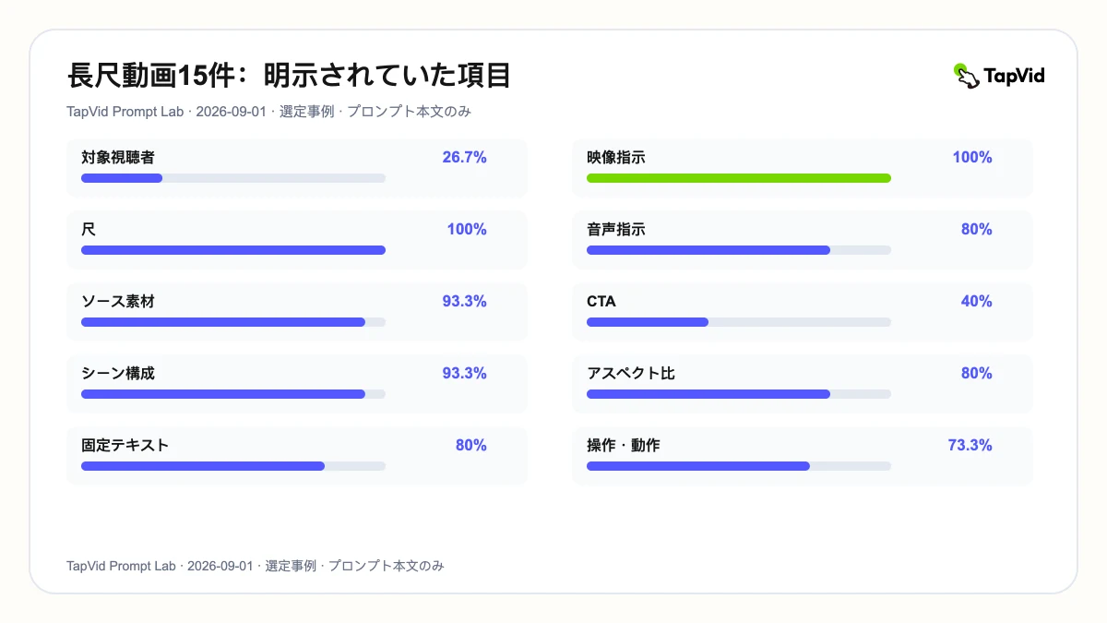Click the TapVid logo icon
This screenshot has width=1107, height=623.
(x=966, y=76)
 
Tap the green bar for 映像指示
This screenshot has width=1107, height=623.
(x=739, y=178)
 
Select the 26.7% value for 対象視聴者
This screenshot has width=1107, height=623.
(x=464, y=157)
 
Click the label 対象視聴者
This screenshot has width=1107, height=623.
(x=118, y=157)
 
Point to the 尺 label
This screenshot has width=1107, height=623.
(x=89, y=230)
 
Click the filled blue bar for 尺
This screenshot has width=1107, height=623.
(x=233, y=250)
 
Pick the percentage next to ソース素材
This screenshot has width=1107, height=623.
(x=464, y=301)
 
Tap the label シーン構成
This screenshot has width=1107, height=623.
(x=118, y=373)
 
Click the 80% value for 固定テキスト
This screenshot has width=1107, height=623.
(x=471, y=445)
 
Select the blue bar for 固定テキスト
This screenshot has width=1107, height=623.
(x=203, y=466)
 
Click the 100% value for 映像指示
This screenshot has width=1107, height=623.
(x=972, y=157)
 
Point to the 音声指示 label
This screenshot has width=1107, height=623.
(x=616, y=230)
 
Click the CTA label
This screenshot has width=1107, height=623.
(x=601, y=301)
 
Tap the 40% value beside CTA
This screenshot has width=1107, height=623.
(x=977, y=301)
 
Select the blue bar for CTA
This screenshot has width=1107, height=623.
(x=648, y=322)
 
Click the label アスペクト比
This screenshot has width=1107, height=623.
(x=631, y=373)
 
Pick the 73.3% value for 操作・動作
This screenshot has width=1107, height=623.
(x=970, y=445)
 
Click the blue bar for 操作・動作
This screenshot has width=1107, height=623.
(x=698, y=466)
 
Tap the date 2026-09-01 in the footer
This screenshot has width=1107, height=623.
(x=220, y=566)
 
